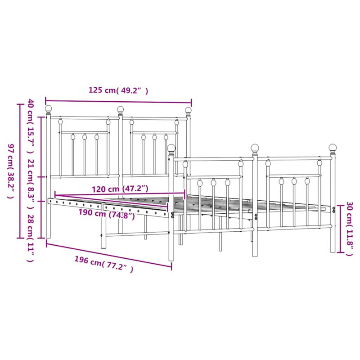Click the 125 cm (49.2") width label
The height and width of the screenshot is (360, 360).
click(118, 90)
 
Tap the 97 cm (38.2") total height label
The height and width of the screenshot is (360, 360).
click(11, 171)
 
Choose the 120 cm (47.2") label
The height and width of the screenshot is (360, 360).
click(120, 189)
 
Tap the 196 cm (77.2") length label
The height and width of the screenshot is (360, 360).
click(104, 264)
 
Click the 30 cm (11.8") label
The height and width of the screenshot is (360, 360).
click(349, 229)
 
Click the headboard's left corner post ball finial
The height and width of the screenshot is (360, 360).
click(48, 108)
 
